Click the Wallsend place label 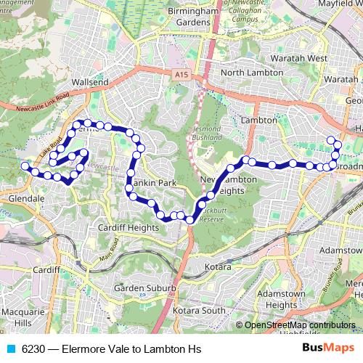point(91,82)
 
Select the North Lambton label point(251,73)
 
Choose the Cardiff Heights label point(127,227)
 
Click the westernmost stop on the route point(25,166)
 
